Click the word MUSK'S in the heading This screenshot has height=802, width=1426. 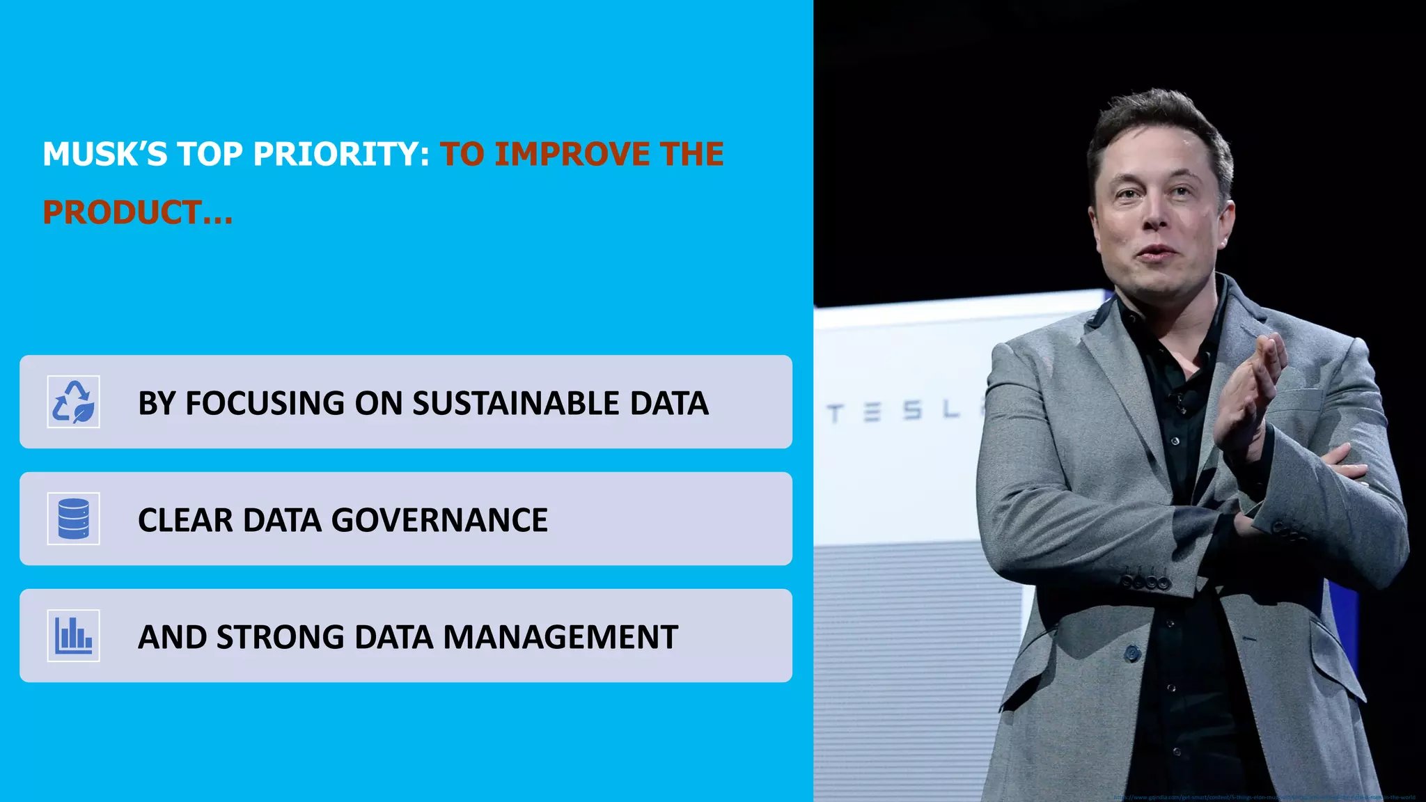click(105, 155)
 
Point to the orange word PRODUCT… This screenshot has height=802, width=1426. click(137, 213)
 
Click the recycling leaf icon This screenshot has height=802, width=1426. click(73, 402)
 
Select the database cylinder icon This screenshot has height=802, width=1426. click(73, 519)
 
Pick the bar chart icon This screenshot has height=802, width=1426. click(73, 636)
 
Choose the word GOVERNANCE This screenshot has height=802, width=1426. click(439, 521)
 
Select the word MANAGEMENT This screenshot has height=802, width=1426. click(561, 638)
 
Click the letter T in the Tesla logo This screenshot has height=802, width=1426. click(836, 414)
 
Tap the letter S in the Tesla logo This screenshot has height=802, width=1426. click(912, 411)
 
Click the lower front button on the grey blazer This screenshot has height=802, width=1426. click(1132, 654)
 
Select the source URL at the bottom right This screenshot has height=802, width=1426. click(1264, 797)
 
